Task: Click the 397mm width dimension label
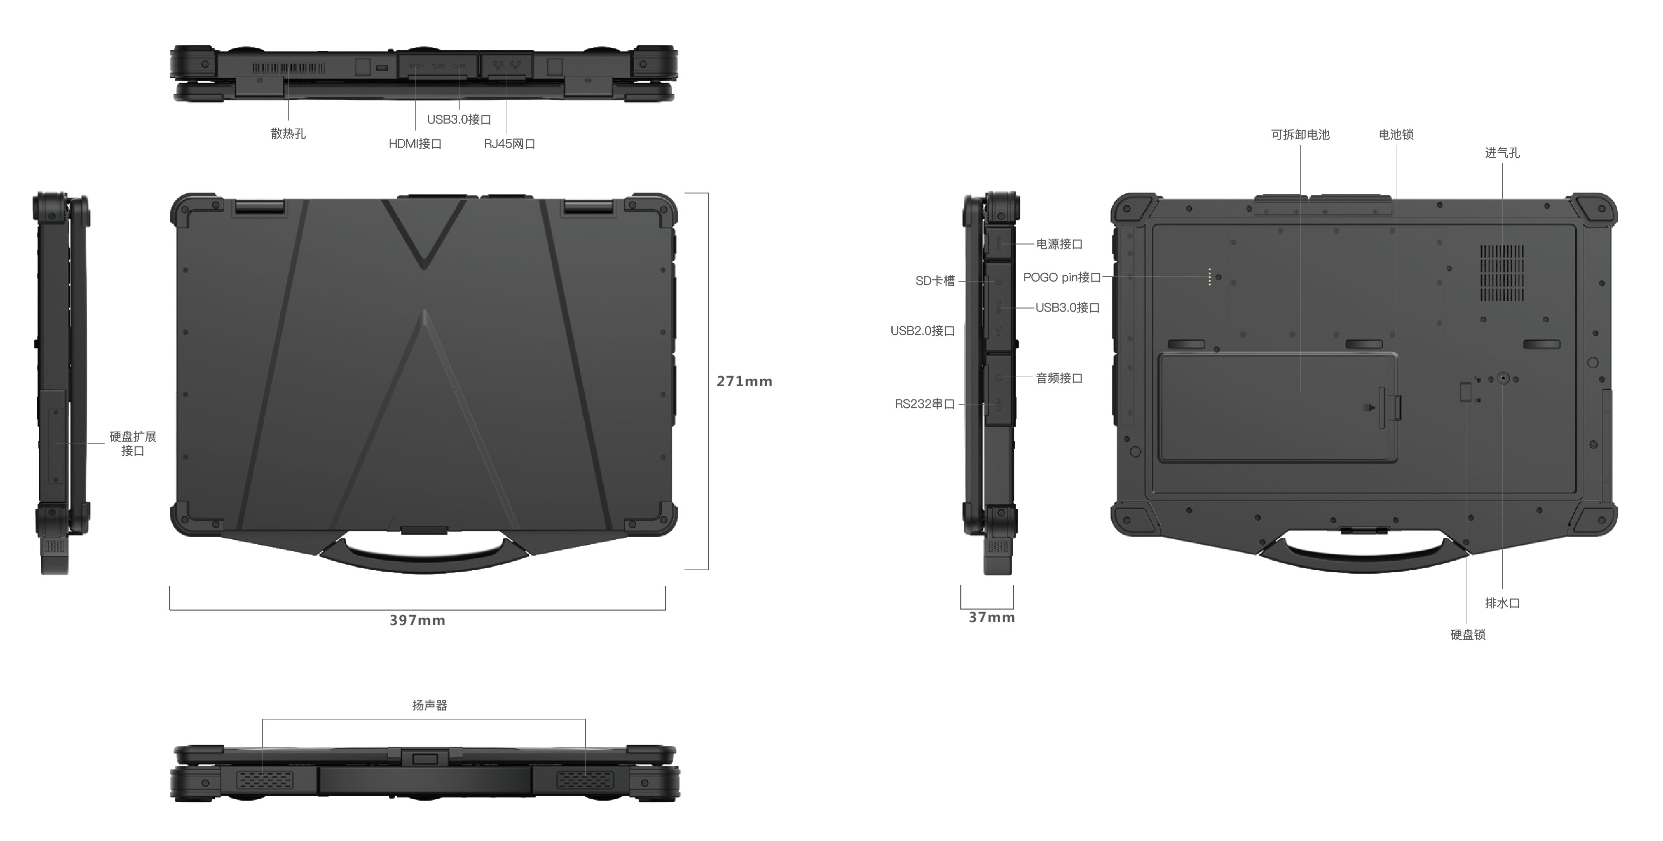point(417,620)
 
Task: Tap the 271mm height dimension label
point(745,381)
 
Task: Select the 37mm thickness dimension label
point(992,618)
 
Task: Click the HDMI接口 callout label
point(414,143)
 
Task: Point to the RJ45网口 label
point(509,143)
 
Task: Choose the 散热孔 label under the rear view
point(288,134)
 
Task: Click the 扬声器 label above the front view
point(429,705)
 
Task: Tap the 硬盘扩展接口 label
point(133,444)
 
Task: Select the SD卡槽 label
point(935,281)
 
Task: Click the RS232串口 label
point(925,404)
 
